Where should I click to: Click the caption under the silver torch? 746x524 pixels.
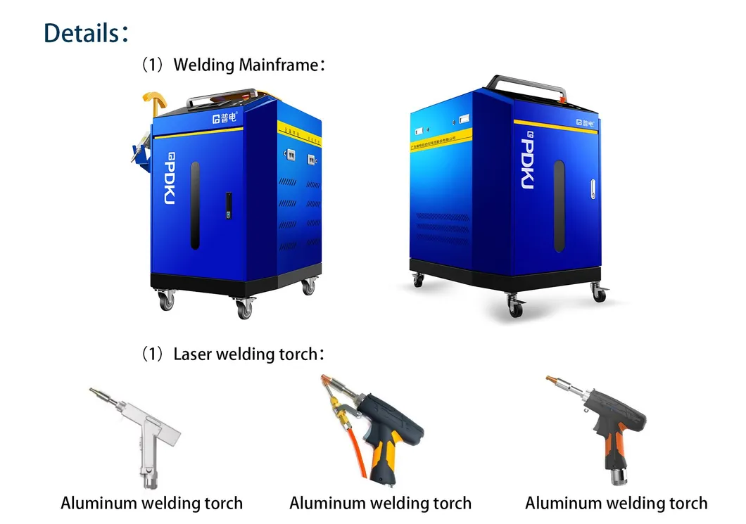click(x=151, y=504)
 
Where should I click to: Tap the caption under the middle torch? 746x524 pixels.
click(x=380, y=504)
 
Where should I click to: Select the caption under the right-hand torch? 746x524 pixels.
click(x=616, y=504)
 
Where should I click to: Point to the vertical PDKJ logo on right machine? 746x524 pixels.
click(x=529, y=162)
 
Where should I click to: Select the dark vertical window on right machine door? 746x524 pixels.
click(x=559, y=205)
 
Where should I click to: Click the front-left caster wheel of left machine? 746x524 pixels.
click(x=166, y=301)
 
